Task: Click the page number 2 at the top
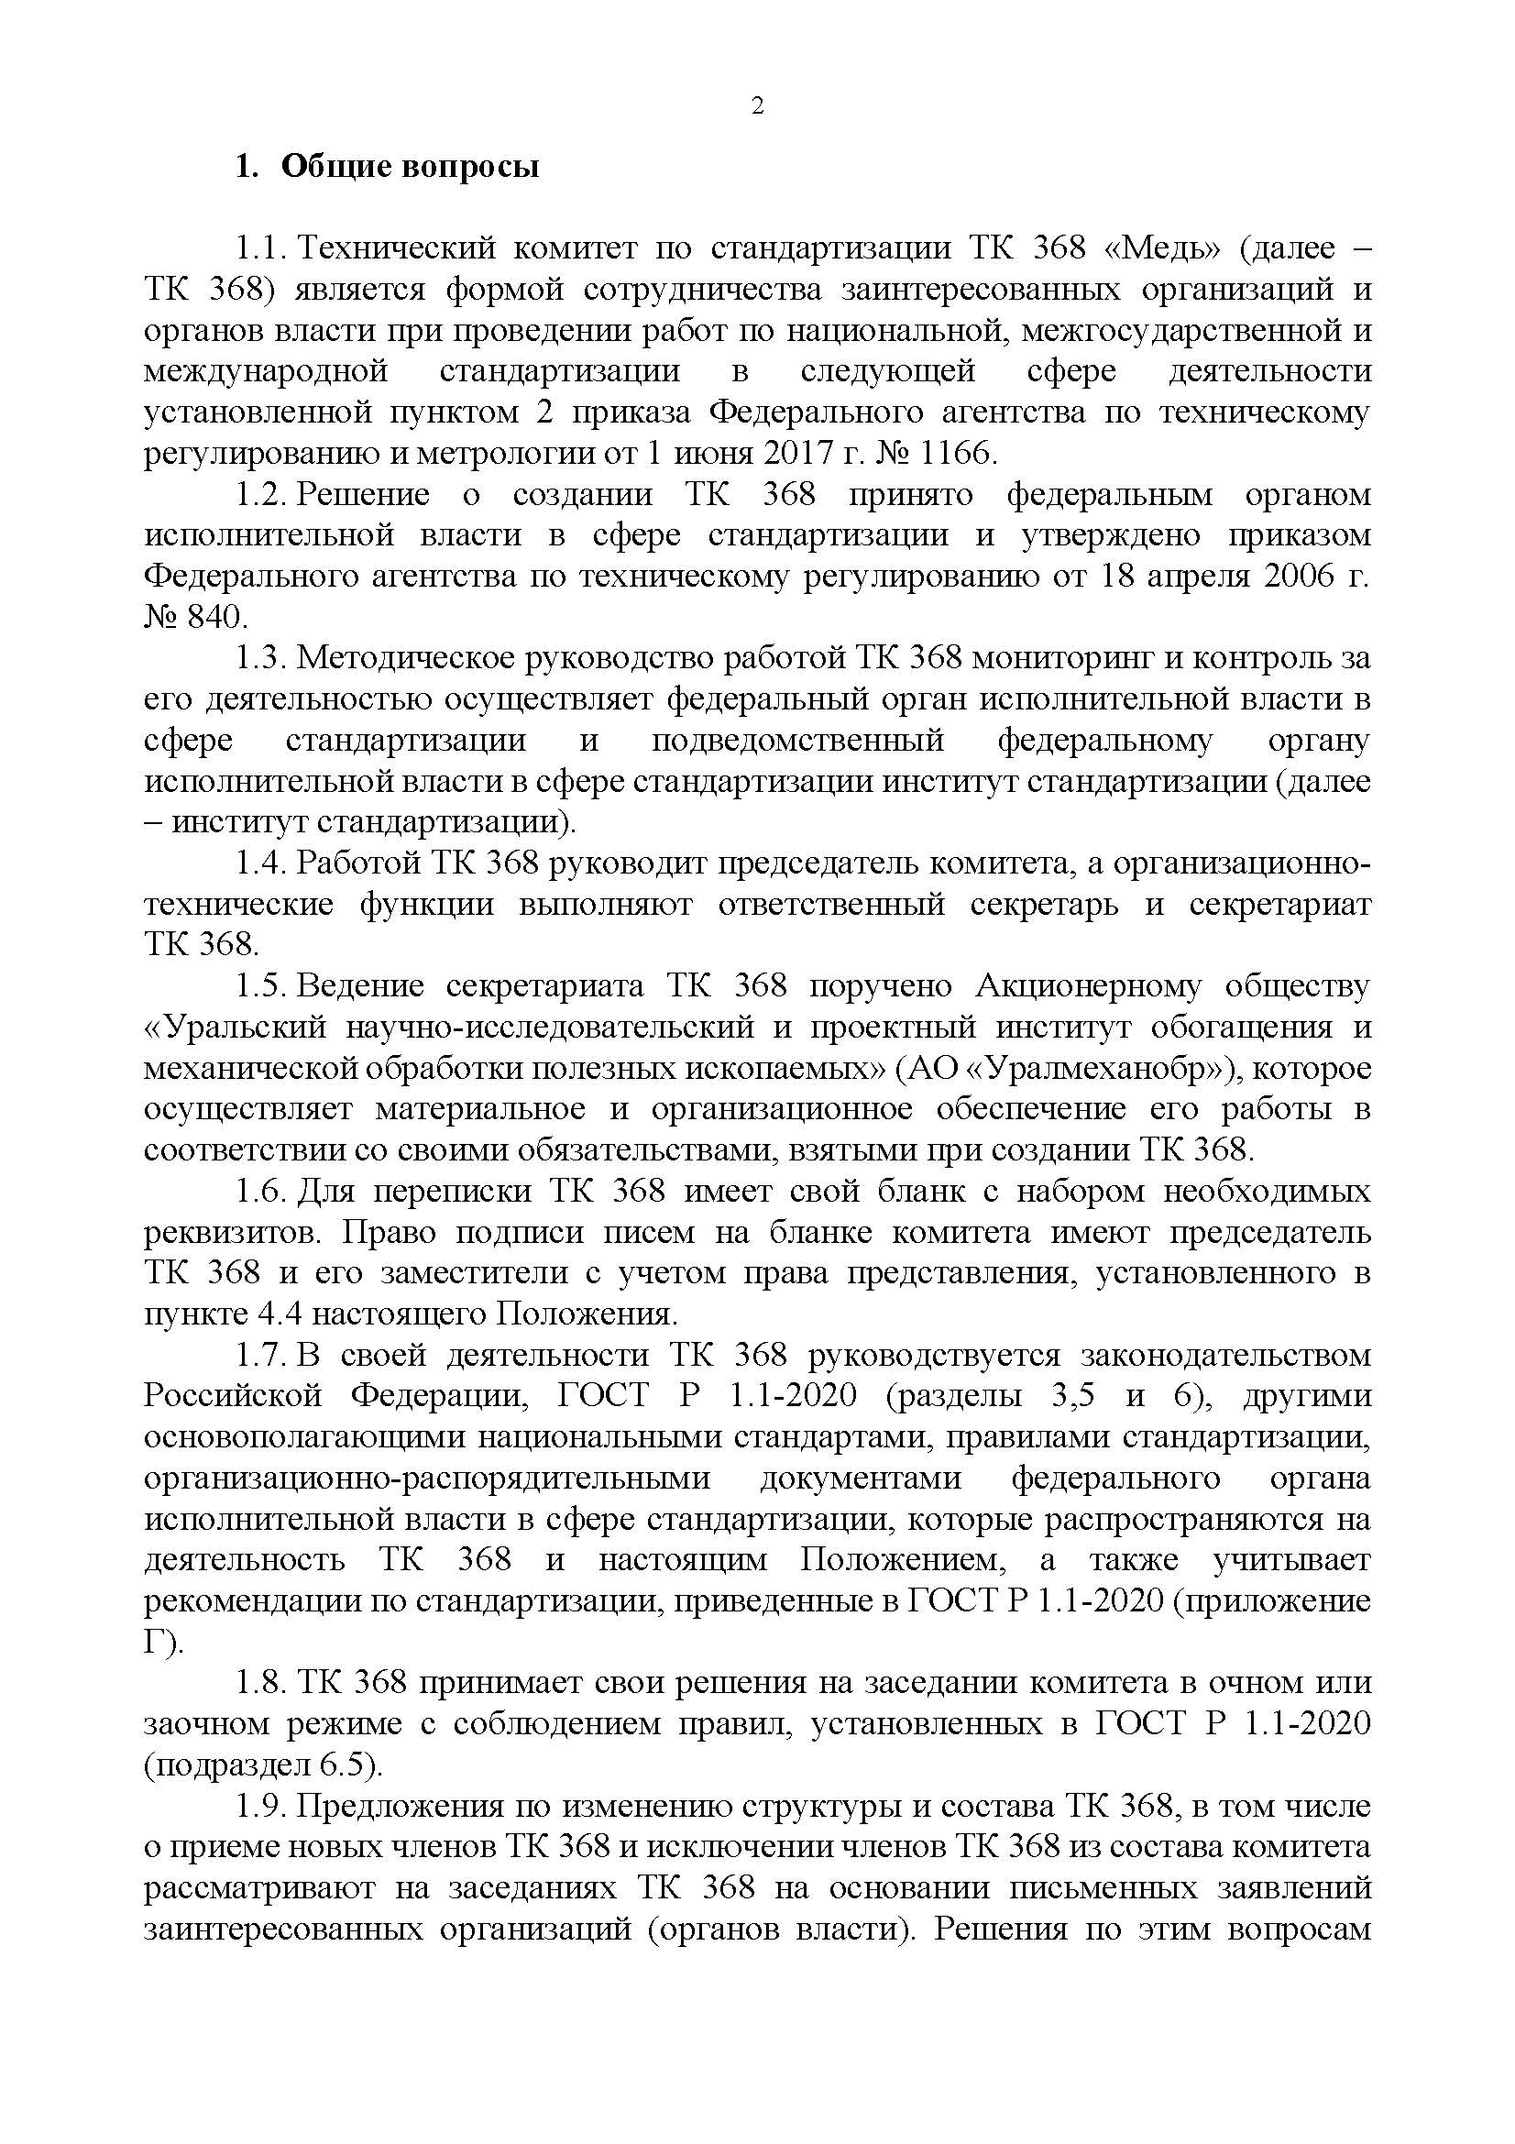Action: pyautogui.click(x=757, y=106)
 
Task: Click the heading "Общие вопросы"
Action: pyautogui.click(x=410, y=168)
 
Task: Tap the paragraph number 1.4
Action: pyautogui.click(x=259, y=863)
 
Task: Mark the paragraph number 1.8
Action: pyautogui.click(x=259, y=1683)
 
